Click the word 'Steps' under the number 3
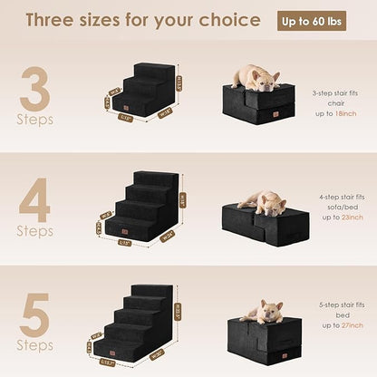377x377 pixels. [36, 119]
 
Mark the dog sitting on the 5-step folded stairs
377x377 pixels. [263, 313]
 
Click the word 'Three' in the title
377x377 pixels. [54, 20]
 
